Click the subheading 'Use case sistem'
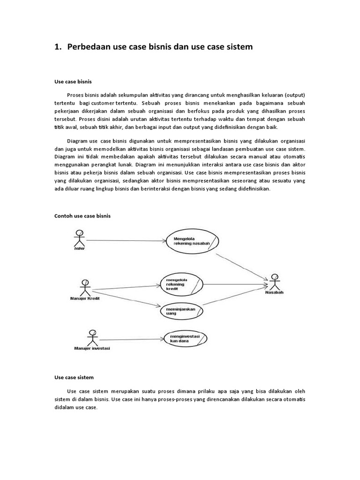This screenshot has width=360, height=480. [x=74, y=377]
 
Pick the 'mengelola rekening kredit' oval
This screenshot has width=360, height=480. [x=182, y=283]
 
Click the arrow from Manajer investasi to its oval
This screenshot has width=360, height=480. [x=131, y=339]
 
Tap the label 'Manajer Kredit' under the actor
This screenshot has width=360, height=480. [x=85, y=299]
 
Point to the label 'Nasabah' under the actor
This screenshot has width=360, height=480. [x=274, y=293]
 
